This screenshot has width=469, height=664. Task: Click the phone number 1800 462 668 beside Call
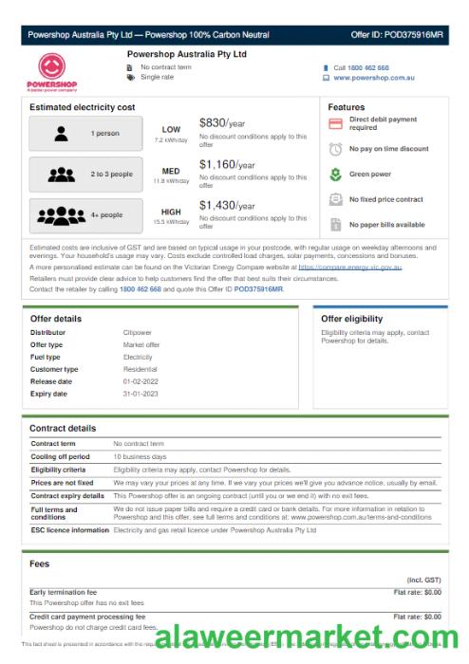pyautogui.click(x=367, y=68)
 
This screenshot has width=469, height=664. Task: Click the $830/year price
pyautogui.click(x=222, y=122)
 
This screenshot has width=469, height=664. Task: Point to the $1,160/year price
pyautogui.click(x=227, y=164)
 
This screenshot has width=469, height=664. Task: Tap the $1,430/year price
pyautogui.click(x=227, y=205)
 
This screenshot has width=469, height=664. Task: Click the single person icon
pyautogui.click(x=62, y=134)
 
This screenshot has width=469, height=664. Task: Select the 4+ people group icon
pyautogui.click(x=62, y=215)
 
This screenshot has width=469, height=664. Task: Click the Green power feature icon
pyautogui.click(x=335, y=175)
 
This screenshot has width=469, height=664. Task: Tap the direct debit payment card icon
pyautogui.click(x=335, y=124)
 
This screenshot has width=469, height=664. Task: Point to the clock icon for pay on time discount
pyautogui.click(x=335, y=149)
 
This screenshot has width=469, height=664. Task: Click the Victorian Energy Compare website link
pyautogui.click(x=349, y=267)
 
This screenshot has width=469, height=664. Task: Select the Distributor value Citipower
pyautogui.click(x=138, y=333)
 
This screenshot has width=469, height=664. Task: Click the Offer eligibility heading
pyautogui.click(x=351, y=319)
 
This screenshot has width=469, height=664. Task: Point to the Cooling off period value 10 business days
pyautogui.click(x=141, y=456)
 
